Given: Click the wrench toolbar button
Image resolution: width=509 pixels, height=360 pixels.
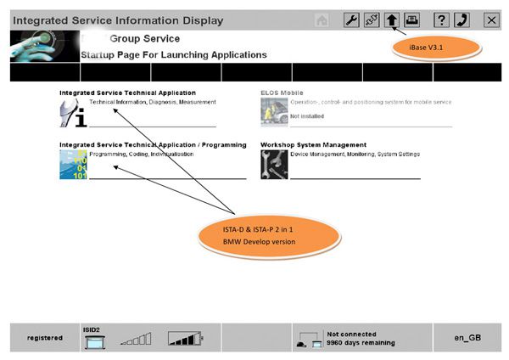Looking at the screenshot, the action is [x=351, y=20].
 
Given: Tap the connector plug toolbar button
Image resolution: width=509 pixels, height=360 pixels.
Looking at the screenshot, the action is [x=372, y=20].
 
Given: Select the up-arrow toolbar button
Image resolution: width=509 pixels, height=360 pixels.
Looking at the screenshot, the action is [x=392, y=20].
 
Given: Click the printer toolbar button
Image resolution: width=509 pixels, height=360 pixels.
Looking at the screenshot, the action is [x=412, y=20].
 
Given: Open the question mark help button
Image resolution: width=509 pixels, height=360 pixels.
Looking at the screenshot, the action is [x=441, y=20].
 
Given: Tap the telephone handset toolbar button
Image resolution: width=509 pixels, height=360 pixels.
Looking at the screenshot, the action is [x=461, y=20].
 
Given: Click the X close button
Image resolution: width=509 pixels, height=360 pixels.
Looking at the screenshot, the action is [x=491, y=20].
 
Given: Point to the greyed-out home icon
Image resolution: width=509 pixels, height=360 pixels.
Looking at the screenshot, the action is [x=322, y=20].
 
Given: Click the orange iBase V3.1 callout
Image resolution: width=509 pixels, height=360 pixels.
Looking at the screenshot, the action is [x=436, y=48].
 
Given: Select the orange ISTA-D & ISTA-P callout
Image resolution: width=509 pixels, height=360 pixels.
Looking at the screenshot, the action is [x=269, y=236].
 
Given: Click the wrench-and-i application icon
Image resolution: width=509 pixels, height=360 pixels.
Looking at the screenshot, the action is [x=73, y=113].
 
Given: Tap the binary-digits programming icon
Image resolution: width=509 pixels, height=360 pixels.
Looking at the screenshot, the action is [x=73, y=165].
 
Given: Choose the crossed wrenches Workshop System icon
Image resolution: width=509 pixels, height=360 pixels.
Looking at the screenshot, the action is [x=274, y=165].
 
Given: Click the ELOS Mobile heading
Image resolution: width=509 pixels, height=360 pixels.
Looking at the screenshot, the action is [x=282, y=93].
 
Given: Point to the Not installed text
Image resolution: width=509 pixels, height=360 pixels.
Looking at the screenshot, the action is [x=307, y=116].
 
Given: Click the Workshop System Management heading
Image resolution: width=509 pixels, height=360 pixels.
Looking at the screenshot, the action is [x=313, y=145].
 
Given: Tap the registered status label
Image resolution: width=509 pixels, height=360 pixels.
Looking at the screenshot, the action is [x=45, y=338].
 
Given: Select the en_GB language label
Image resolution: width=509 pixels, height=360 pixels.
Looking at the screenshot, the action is [x=467, y=338].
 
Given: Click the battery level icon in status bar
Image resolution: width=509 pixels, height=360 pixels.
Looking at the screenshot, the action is [x=185, y=339].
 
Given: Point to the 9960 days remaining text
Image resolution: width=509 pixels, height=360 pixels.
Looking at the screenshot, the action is [x=361, y=343].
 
